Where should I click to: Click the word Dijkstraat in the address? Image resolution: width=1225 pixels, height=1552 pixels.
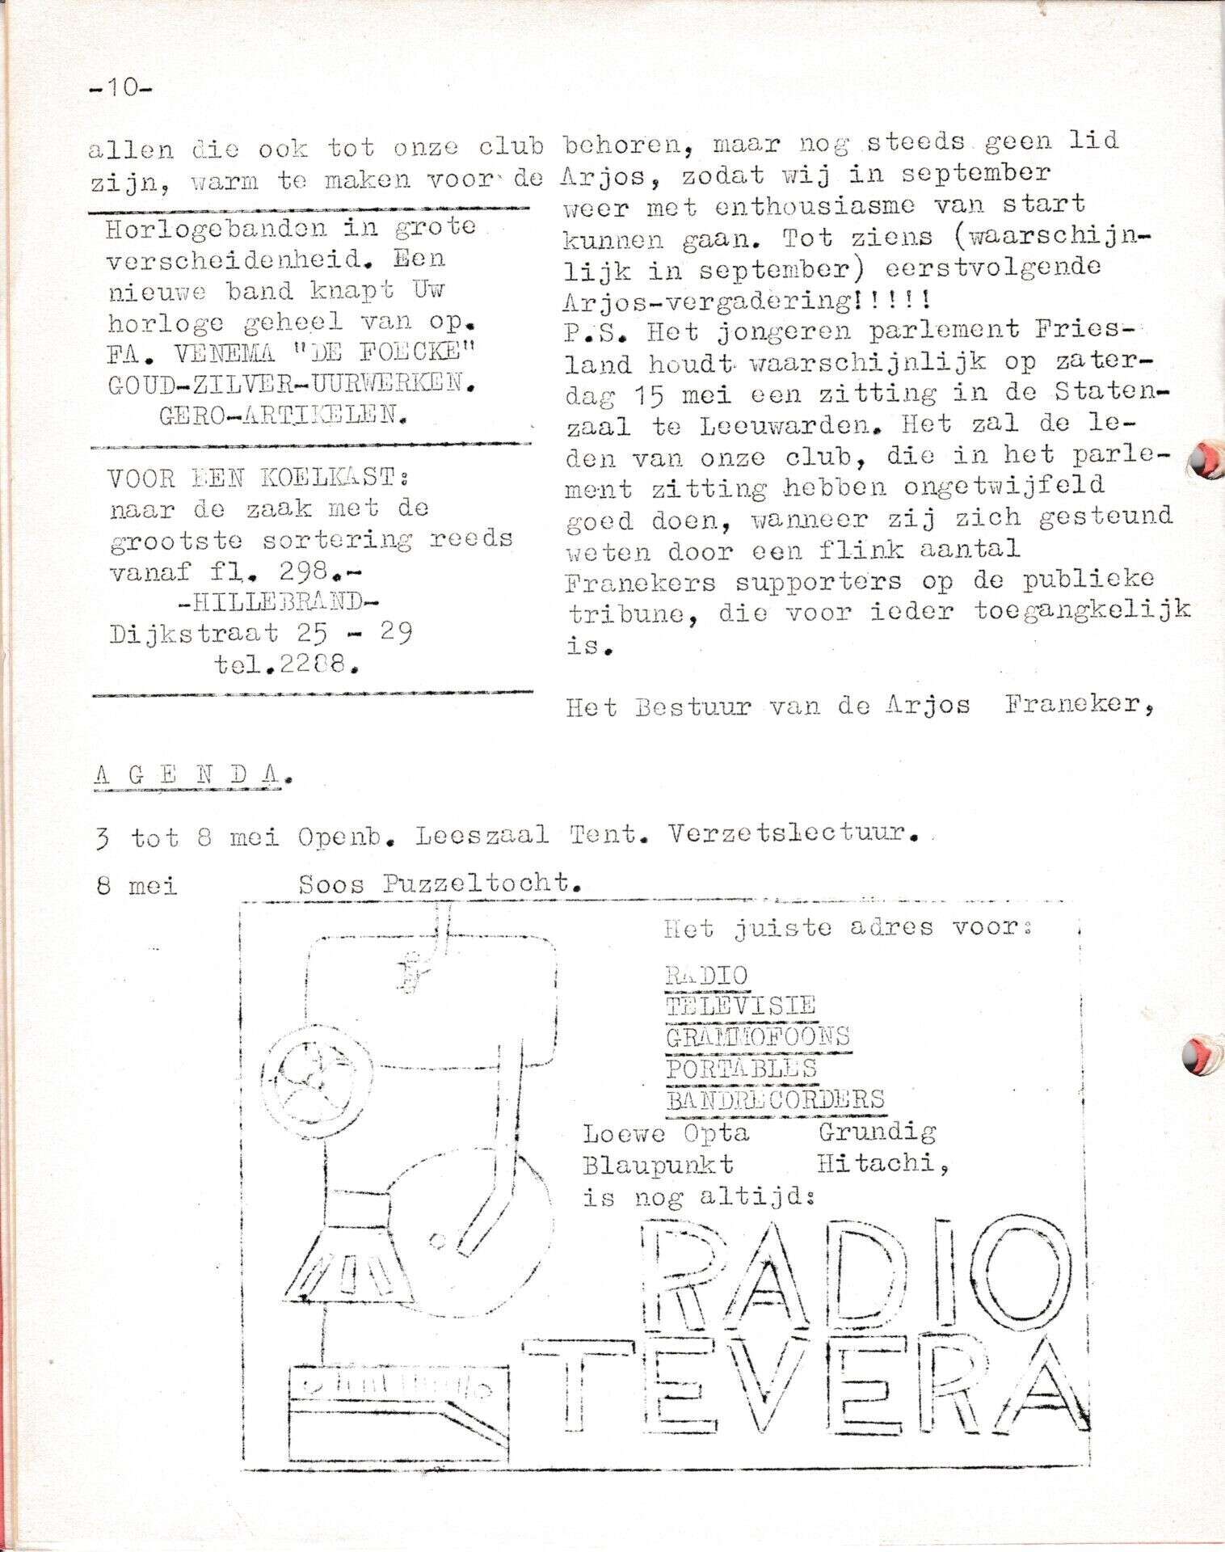tap(195, 633)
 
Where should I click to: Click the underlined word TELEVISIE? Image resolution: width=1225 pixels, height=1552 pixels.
tap(740, 1005)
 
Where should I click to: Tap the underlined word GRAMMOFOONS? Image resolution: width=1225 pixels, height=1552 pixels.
tap(757, 1036)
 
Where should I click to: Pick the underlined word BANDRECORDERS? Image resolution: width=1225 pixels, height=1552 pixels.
tap(775, 1099)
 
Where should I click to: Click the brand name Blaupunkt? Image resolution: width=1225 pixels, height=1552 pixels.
tap(658, 1164)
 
